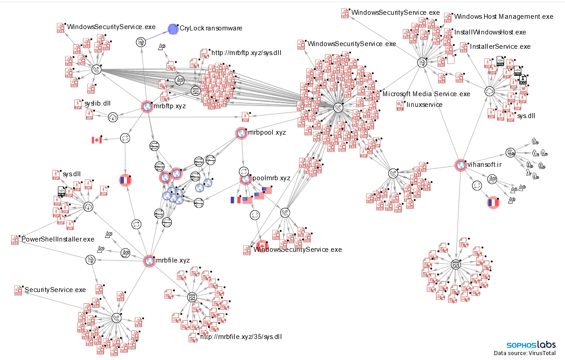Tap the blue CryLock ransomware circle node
click(x=173, y=29)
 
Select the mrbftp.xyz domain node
click(x=147, y=106)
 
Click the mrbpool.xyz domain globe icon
click(x=241, y=133)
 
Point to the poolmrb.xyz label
click(x=271, y=178)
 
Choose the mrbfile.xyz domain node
click(x=149, y=261)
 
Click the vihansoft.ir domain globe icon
click(x=460, y=165)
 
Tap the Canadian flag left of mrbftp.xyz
click(x=97, y=140)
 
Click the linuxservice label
click(x=425, y=105)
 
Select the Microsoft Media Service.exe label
click(x=426, y=94)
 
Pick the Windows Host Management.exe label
click(x=503, y=17)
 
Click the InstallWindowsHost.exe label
click(x=490, y=32)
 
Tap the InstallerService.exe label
click(x=500, y=47)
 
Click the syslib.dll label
click(x=97, y=103)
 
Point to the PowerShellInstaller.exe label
click(x=58, y=239)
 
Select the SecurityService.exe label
click(x=55, y=290)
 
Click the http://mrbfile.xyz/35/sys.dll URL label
click(x=241, y=337)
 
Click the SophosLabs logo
click(x=531, y=345)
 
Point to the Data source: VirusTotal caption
click(x=525, y=353)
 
